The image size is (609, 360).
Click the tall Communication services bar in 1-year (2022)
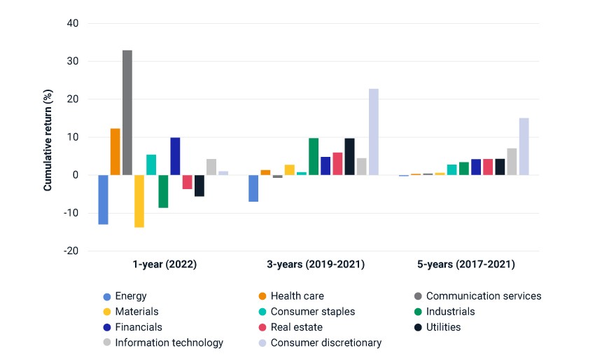coord(127,113)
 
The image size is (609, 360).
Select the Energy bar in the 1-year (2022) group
coord(104,200)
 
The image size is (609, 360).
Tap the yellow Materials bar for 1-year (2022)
coord(139,201)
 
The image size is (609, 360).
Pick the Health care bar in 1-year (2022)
coord(115,151)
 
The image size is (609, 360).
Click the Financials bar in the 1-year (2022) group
coord(175,156)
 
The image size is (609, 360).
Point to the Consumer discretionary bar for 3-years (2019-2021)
coord(374,132)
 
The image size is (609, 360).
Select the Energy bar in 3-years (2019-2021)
coord(253,188)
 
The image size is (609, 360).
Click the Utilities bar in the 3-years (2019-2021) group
coord(349,157)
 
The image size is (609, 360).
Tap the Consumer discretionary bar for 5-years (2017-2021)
coord(524,146)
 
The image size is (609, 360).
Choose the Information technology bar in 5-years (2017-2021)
coord(512,162)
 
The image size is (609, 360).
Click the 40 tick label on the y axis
coord(73,23)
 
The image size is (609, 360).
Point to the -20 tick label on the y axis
coord(71,251)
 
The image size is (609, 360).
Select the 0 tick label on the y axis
coord(76,175)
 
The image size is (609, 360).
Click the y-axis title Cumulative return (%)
coord(48,140)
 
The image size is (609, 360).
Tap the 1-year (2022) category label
coord(164,264)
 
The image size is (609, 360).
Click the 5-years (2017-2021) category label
coord(466,264)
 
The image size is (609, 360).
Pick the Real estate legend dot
coord(262,327)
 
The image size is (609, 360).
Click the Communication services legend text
coord(484,296)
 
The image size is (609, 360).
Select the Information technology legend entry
coord(163,342)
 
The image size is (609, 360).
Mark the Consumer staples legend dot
coord(262,312)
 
